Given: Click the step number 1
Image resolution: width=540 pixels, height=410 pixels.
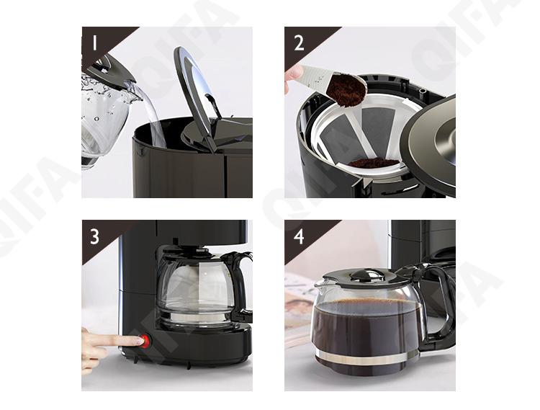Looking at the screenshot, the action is pyautogui.click(x=95, y=43).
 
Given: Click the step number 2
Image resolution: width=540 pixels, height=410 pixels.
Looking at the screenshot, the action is pyautogui.click(x=299, y=43).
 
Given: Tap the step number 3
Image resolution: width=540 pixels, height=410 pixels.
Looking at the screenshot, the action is pyautogui.click(x=95, y=236).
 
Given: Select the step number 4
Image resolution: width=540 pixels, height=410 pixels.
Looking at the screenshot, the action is pyautogui.click(x=299, y=236).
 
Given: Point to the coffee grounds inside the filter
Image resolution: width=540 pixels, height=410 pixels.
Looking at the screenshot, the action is pyautogui.click(x=374, y=162).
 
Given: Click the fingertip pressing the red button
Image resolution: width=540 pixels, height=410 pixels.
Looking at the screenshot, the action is pyautogui.click(x=138, y=341).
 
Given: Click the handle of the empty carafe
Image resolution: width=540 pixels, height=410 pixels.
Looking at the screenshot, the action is pyautogui.click(x=242, y=282).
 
